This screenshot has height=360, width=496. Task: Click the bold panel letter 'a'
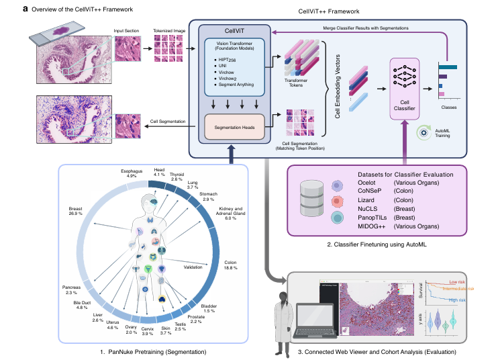point(6,10)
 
